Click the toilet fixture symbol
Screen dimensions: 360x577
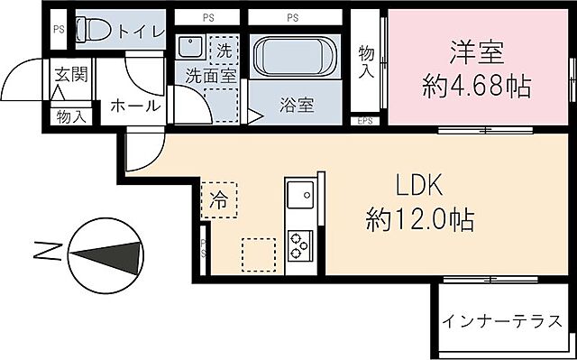pyautogui.click(x=94, y=31)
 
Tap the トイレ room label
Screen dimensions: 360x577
pyautogui.click(x=136, y=32)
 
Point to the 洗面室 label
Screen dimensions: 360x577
pyautogui.click(x=211, y=76)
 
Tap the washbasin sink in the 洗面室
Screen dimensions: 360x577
pyautogui.click(x=190, y=48)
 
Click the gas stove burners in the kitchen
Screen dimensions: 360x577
pyautogui.click(x=298, y=244)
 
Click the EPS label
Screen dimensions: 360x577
pyautogui.click(x=365, y=121)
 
